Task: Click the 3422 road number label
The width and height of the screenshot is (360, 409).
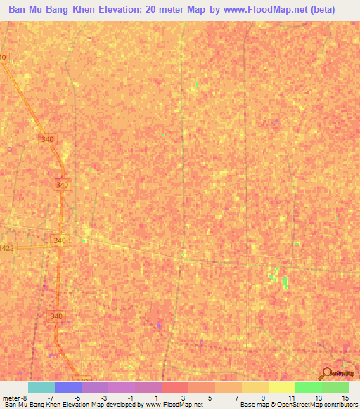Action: [6, 247]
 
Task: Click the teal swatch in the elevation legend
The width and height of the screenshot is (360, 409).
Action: [41, 387]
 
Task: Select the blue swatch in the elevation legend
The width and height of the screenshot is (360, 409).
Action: [68, 387]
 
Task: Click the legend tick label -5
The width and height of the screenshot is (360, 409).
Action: [77, 397]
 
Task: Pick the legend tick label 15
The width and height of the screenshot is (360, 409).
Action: [345, 397]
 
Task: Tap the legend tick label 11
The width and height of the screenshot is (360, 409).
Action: [290, 397]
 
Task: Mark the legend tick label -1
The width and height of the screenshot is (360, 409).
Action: [130, 397]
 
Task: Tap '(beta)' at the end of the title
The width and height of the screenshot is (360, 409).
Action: [322, 10]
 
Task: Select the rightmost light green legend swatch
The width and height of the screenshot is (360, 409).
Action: [335, 387]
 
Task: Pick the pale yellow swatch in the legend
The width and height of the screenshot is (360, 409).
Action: [282, 387]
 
